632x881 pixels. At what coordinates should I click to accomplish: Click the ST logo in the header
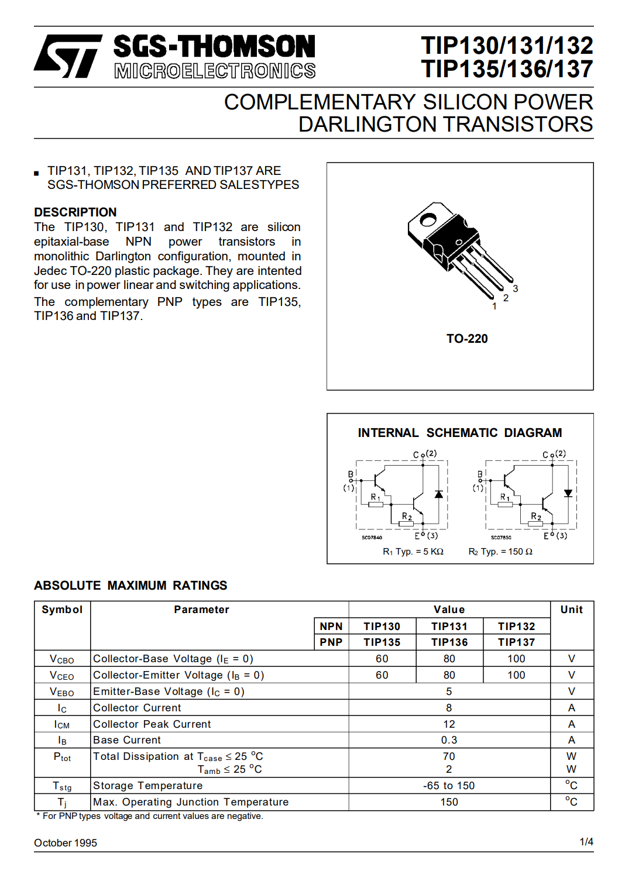(x=67, y=56)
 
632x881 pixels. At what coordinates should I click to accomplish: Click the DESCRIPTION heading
(x=75, y=212)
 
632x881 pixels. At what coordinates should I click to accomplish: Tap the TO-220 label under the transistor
(x=467, y=339)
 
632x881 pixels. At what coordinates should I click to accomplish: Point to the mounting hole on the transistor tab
(x=428, y=220)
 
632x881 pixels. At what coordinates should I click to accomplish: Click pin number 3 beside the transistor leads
(x=516, y=288)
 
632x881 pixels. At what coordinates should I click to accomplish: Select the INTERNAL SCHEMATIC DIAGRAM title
(x=460, y=433)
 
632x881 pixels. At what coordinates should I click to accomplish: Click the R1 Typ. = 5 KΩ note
(x=413, y=552)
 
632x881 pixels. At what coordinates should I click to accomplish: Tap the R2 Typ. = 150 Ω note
(x=500, y=552)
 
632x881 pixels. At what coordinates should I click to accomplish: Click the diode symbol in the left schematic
(x=439, y=494)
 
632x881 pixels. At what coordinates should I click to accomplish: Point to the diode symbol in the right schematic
(x=568, y=494)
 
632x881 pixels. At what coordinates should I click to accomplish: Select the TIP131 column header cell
(x=449, y=627)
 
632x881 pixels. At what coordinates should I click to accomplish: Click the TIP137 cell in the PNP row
(x=516, y=642)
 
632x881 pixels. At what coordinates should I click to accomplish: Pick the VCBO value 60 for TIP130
(x=382, y=659)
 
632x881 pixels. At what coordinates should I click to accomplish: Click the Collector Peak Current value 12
(x=449, y=724)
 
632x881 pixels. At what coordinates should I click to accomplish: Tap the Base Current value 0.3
(x=449, y=740)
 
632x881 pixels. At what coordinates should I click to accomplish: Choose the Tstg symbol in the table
(x=62, y=786)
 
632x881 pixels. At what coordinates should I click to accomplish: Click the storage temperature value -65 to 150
(x=449, y=786)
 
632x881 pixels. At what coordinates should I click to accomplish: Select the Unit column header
(x=571, y=610)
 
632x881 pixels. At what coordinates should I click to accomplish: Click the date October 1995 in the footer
(x=66, y=843)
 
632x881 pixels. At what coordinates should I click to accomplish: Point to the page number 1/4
(x=586, y=842)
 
